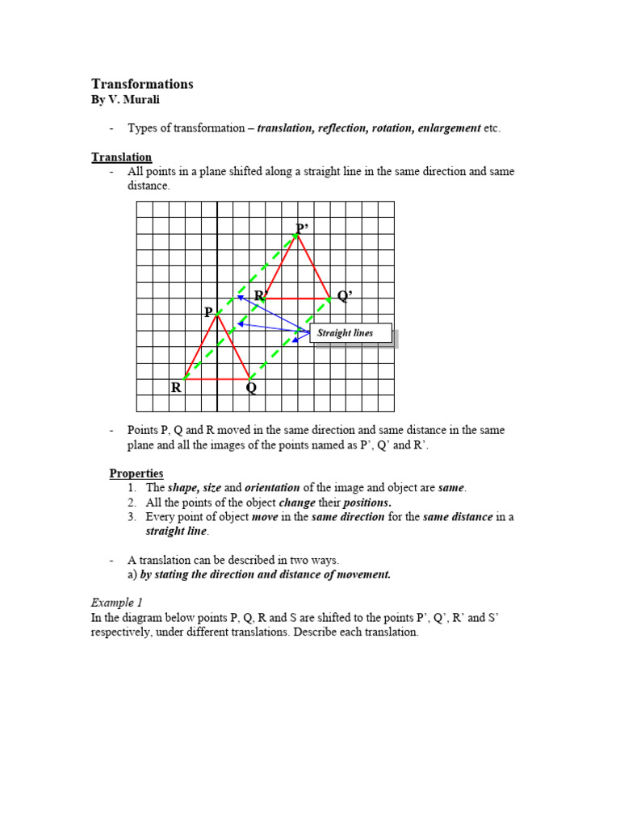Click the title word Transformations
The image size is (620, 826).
[x=142, y=84]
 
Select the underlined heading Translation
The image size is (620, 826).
[x=121, y=157]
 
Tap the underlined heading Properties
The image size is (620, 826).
[x=136, y=473]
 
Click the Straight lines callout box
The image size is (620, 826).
[x=352, y=333]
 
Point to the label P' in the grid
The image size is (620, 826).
[x=303, y=229]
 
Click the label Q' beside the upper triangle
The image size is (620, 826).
[x=345, y=296]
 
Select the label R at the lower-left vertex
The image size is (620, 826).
[x=176, y=388]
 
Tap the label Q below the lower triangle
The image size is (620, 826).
[x=251, y=388]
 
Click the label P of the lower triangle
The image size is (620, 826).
[x=208, y=312]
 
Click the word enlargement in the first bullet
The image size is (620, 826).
[x=449, y=128]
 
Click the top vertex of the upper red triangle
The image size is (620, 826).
[x=297, y=235]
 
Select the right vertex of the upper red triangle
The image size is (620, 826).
[x=329, y=298]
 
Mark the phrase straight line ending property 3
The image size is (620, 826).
[x=177, y=532]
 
